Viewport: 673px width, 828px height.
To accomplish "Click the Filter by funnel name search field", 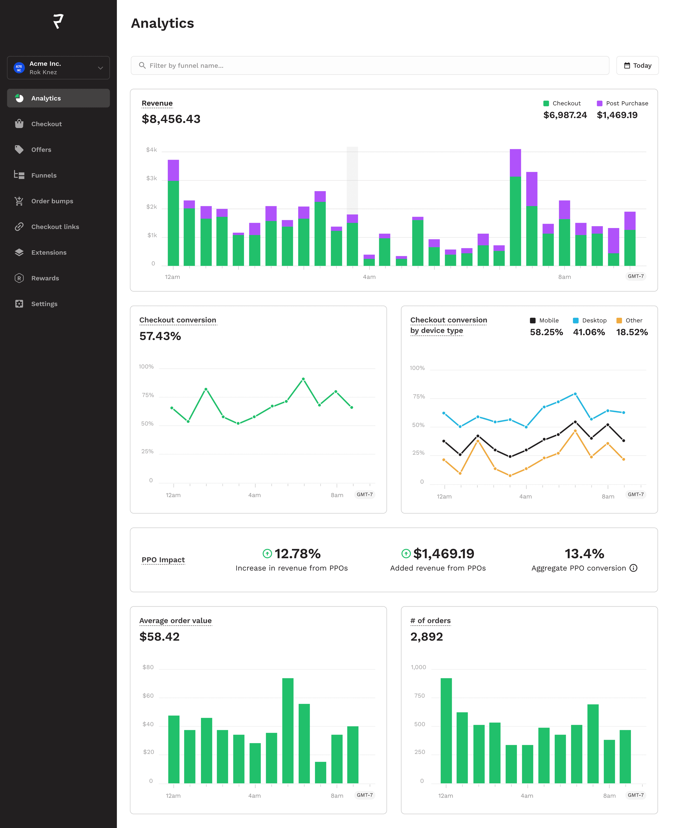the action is click(370, 65).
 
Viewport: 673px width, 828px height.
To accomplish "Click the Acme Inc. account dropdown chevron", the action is click(100, 68).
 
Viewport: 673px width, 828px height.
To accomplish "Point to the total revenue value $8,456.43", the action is click(171, 119).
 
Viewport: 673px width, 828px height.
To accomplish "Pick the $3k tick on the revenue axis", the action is click(152, 178).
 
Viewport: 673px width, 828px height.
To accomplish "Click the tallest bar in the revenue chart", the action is click(515, 207).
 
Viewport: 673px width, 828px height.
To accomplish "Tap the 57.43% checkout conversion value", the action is click(160, 336).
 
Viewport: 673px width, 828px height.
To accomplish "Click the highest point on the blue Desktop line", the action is click(575, 394).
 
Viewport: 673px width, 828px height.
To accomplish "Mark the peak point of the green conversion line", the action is click(303, 379).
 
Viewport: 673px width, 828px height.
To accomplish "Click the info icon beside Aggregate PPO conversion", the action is click(633, 568).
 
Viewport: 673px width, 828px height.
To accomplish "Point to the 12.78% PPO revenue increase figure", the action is click(297, 553).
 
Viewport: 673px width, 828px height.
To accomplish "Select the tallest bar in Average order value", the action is click(288, 731).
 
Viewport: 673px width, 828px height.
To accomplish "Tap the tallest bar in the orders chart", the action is click(446, 731).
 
